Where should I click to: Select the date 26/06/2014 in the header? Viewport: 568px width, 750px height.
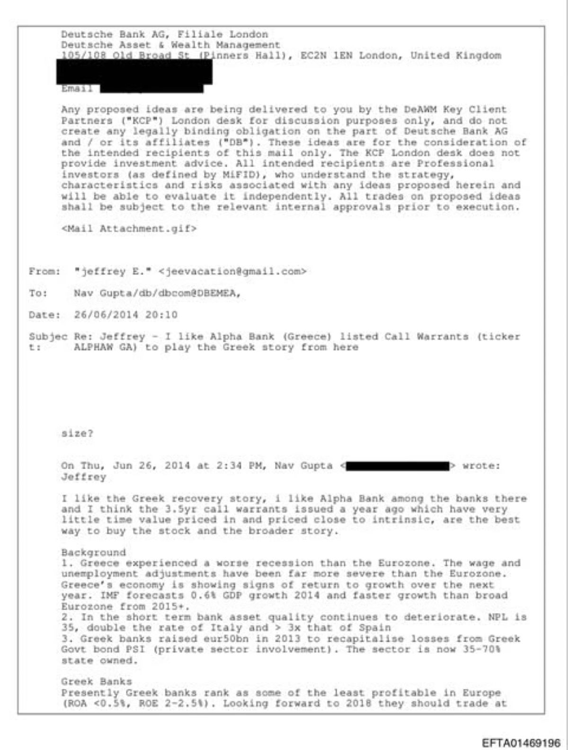point(106,315)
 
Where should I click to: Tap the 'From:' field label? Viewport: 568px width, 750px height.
point(44,271)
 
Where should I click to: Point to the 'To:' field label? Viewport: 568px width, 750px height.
point(38,293)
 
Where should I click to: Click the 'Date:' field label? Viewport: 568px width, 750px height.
point(44,315)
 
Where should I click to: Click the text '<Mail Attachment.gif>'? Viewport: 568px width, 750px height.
point(129,228)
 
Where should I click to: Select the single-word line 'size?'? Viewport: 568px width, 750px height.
point(77,434)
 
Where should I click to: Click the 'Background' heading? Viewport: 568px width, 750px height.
point(93,552)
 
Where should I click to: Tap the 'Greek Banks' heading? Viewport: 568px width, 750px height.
point(97,681)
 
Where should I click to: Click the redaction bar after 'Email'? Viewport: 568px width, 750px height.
point(151,88)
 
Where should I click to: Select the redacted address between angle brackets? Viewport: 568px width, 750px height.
point(398,466)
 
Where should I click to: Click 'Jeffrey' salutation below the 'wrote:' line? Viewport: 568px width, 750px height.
point(83,477)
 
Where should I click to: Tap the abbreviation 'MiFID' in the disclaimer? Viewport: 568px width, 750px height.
point(239,174)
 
